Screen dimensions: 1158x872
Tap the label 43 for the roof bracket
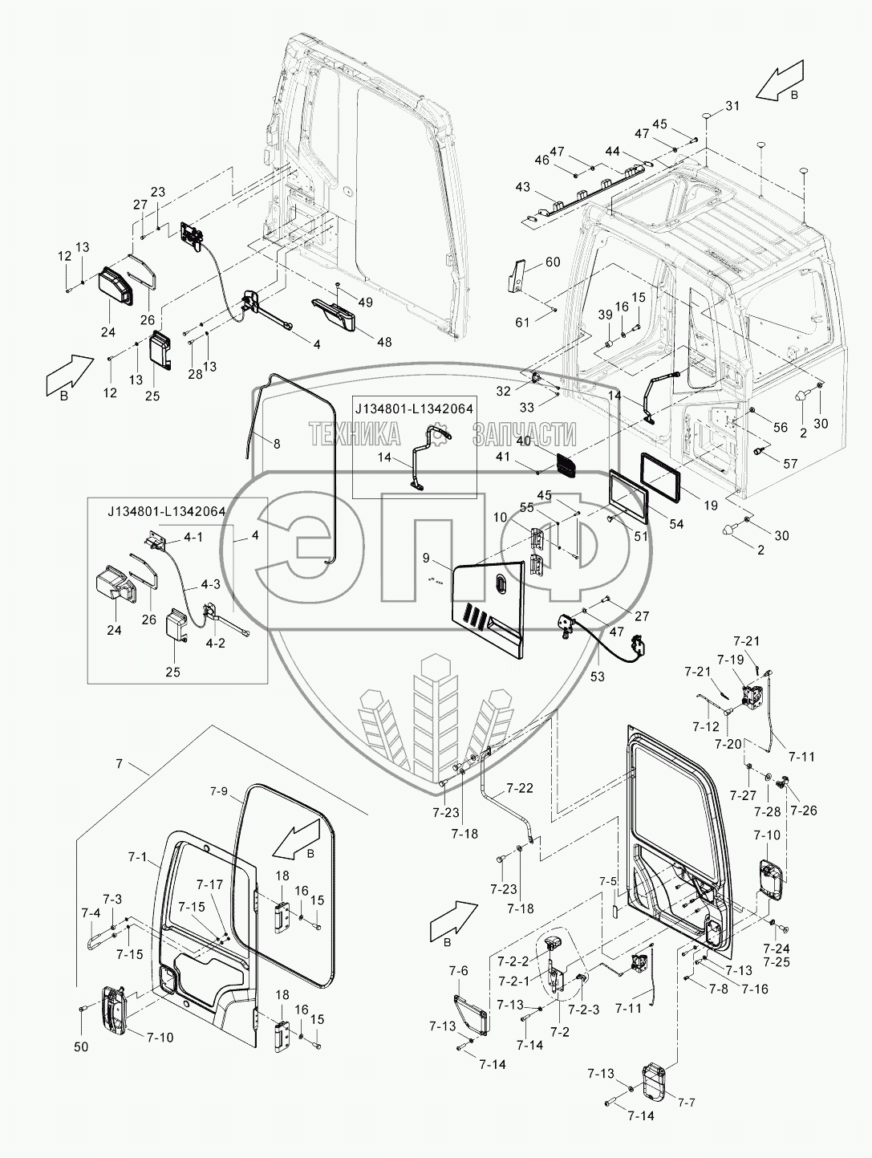click(522, 187)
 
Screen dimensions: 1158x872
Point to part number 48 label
click(384, 342)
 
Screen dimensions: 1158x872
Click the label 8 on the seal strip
click(277, 443)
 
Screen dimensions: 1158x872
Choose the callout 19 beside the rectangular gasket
click(710, 506)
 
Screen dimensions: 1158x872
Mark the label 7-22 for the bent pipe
click(520, 789)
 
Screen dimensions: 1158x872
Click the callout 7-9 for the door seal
click(219, 791)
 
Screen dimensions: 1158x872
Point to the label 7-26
click(803, 811)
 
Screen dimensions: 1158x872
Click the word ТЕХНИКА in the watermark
click(354, 434)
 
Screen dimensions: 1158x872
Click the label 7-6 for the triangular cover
click(458, 972)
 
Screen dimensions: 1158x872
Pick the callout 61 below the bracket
click(522, 323)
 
